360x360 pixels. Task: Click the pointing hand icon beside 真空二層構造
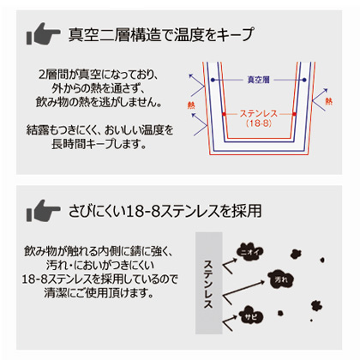[x=43, y=33]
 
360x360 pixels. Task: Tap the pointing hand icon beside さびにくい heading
[x=43, y=211]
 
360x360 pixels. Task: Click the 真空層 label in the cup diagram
[x=258, y=80]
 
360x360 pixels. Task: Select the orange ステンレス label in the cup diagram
[x=259, y=113]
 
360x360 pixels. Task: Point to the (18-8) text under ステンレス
[x=259, y=123]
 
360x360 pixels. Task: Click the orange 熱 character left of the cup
[x=191, y=105]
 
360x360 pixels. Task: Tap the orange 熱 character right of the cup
[x=329, y=101]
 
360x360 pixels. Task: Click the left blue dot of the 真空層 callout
[x=213, y=80]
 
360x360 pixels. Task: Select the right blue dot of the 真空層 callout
[x=304, y=80]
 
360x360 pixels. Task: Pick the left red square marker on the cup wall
[x=224, y=114]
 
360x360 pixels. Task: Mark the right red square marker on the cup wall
[x=294, y=114]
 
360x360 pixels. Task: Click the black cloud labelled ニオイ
[x=249, y=252]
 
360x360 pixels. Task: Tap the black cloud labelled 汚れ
[x=281, y=279]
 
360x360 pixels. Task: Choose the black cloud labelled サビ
[x=251, y=315]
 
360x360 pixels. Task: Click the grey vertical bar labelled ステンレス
[x=209, y=283]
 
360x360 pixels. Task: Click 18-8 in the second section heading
[x=142, y=212]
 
